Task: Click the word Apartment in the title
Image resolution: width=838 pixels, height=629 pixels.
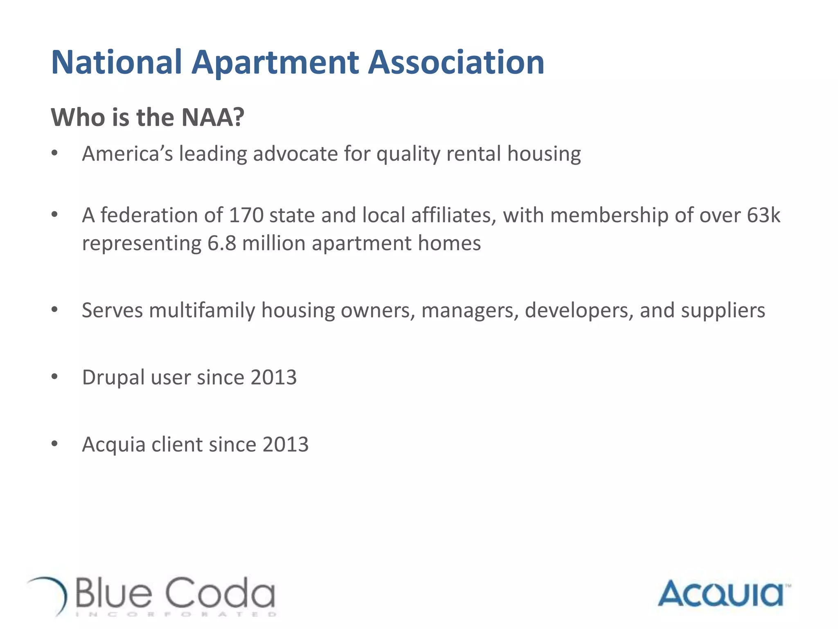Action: click(x=275, y=62)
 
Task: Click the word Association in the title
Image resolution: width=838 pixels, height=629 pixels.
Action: click(x=456, y=62)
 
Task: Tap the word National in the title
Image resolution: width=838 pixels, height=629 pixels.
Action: click(x=116, y=62)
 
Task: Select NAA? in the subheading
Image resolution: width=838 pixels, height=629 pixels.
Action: click(x=212, y=117)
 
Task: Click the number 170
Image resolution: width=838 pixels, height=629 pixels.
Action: click(x=246, y=215)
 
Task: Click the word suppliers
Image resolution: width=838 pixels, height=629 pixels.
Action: click(x=723, y=310)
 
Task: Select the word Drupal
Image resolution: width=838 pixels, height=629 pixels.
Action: click(x=113, y=377)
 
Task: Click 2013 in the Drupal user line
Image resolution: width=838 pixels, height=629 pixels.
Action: click(x=273, y=377)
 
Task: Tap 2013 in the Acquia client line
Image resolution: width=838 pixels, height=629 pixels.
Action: click(x=285, y=444)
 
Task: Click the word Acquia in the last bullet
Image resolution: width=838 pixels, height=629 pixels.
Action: click(x=113, y=444)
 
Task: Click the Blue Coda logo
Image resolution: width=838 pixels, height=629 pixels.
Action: click(x=151, y=596)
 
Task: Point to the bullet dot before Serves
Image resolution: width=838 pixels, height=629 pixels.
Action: click(x=54, y=310)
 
